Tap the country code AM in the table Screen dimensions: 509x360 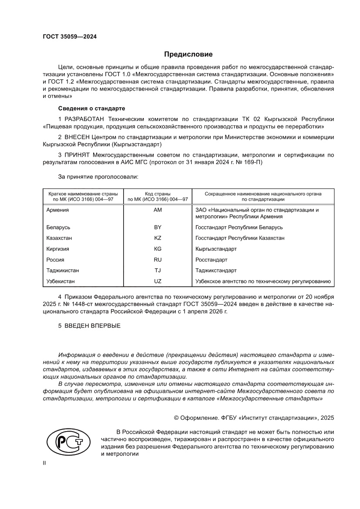click(x=158, y=210)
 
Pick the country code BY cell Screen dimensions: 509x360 click(x=158, y=227)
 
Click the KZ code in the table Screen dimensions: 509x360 click(x=158, y=238)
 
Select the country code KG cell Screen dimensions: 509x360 click(x=158, y=249)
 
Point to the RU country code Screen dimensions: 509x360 click(x=158, y=260)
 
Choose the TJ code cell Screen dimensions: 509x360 click(x=158, y=270)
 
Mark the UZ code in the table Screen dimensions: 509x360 click(x=158, y=281)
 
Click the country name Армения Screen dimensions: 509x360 click(x=57, y=210)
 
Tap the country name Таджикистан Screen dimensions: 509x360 click(x=63, y=270)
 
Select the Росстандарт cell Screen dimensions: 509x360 click(x=212, y=260)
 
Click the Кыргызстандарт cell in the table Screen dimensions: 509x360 click(x=216, y=249)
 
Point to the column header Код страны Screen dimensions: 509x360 click(x=158, y=193)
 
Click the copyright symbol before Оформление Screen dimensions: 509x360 click(x=177, y=418)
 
